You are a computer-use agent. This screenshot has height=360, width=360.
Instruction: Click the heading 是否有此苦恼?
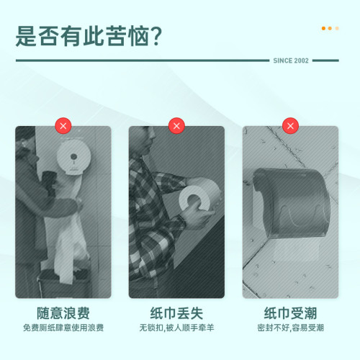(88, 35)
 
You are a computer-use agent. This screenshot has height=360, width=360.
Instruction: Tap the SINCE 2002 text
(291, 60)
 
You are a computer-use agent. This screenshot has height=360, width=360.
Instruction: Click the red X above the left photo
(63, 127)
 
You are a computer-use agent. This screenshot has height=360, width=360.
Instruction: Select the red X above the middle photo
(176, 127)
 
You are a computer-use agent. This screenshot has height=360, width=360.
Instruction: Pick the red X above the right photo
(289, 127)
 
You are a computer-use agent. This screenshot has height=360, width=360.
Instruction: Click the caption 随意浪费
(63, 313)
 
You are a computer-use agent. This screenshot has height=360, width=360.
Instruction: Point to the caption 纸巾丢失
(176, 313)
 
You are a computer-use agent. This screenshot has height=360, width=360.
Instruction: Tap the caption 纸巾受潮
(289, 313)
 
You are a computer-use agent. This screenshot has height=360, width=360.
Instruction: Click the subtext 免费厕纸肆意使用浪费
(63, 328)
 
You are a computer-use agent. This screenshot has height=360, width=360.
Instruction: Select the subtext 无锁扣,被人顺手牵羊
(176, 328)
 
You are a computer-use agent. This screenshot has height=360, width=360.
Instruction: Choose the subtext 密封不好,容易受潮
(289, 328)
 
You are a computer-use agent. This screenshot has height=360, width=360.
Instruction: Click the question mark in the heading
(152, 35)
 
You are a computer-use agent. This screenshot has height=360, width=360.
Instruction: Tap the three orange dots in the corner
(330, 28)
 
